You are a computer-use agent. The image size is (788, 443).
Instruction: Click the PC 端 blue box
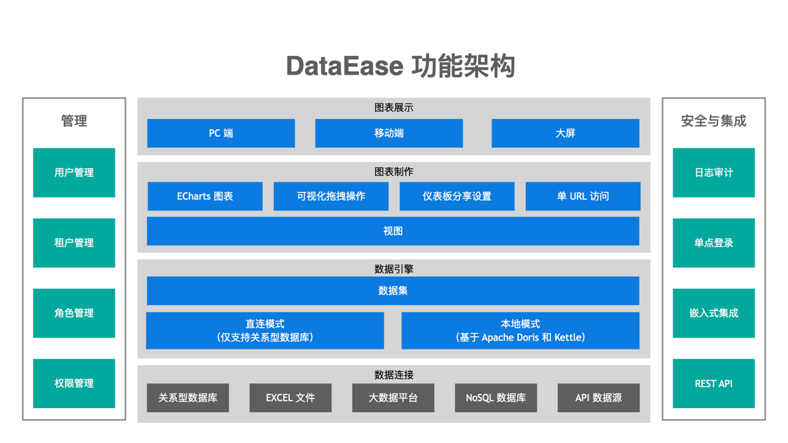[221, 133]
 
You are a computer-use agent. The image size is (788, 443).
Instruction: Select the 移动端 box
[388, 133]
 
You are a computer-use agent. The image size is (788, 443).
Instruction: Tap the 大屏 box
[565, 133]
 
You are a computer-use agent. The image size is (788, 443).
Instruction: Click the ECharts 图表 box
[205, 196]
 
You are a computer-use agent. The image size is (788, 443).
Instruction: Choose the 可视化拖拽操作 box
[331, 196]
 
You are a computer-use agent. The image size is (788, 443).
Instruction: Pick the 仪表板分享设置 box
[457, 196]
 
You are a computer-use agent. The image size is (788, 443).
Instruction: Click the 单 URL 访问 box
[582, 196]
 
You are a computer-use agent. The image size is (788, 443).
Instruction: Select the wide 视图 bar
[393, 231]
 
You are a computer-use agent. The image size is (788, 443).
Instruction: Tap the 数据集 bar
[393, 291]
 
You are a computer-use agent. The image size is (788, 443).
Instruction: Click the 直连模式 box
[265, 331]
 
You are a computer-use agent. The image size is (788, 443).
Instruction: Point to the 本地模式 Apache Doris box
[520, 331]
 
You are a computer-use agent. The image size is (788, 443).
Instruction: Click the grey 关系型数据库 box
[188, 398]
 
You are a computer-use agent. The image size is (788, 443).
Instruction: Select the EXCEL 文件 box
[290, 398]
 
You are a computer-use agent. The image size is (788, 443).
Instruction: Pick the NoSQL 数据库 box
[496, 398]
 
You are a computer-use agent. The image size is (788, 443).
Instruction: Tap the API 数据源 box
[598, 398]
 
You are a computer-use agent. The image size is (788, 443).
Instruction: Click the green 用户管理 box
[74, 172]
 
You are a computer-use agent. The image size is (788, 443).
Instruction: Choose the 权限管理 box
[74, 383]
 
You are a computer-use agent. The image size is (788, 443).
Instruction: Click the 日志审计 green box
[713, 172]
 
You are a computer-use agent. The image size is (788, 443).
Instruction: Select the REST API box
[713, 383]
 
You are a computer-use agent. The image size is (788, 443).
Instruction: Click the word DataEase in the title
[344, 66]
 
